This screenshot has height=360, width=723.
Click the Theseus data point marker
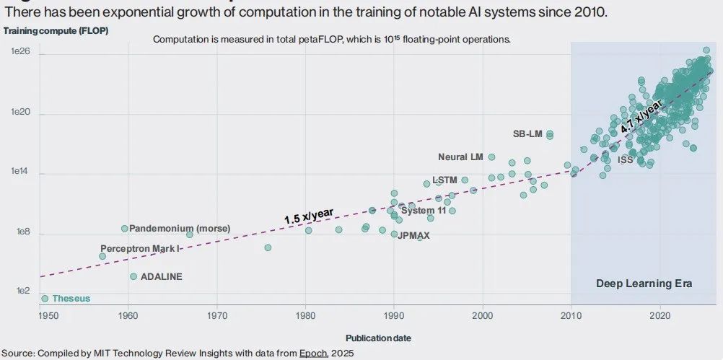[x=45, y=298]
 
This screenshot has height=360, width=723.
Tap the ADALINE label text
[x=161, y=276]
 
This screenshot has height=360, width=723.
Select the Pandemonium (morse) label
[x=180, y=228]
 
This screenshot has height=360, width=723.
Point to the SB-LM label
[x=527, y=133]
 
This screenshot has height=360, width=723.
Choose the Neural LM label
[x=460, y=157]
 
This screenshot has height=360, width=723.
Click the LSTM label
[x=444, y=180]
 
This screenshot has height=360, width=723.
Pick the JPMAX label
[x=413, y=235]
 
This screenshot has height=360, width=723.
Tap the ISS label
[x=626, y=159]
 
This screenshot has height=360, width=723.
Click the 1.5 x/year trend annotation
[x=308, y=215]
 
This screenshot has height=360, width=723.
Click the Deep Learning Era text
[x=644, y=284]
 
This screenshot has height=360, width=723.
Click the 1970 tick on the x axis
[x=216, y=315]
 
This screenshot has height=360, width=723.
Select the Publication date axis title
[x=378, y=338]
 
